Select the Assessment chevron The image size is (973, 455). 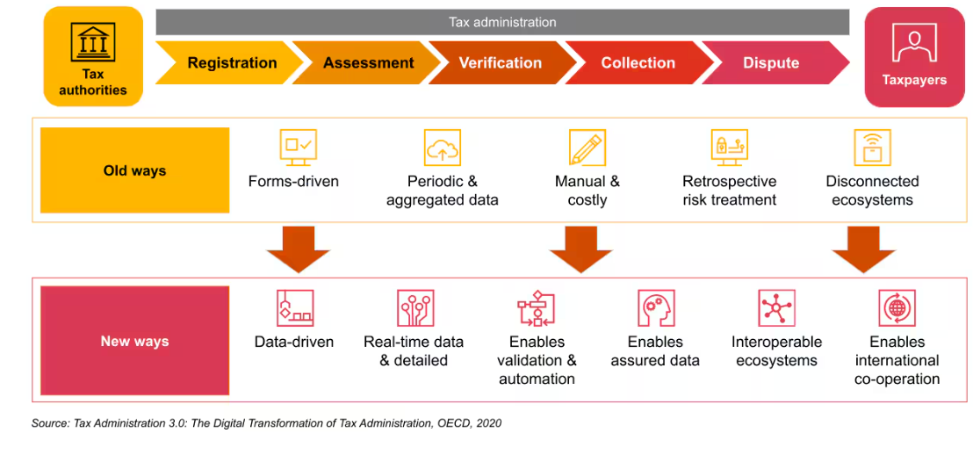tap(368, 63)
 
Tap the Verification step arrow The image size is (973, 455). tap(501, 63)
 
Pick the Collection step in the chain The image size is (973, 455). tap(638, 63)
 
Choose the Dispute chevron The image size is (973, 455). tap(771, 63)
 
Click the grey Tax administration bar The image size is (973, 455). tap(502, 22)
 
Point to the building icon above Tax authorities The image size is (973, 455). tap(93, 41)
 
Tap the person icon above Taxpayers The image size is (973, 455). tap(914, 42)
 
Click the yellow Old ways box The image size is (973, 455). tap(134, 170)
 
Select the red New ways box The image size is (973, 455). tap(134, 341)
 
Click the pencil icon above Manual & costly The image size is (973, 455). tap(587, 148)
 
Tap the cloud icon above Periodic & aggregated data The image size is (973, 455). tap(442, 148)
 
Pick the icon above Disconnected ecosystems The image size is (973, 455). tap(871, 148)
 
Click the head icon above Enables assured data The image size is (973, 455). tap(655, 308)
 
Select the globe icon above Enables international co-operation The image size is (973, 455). tap(897, 308)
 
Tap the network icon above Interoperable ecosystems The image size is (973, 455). tap(776, 308)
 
